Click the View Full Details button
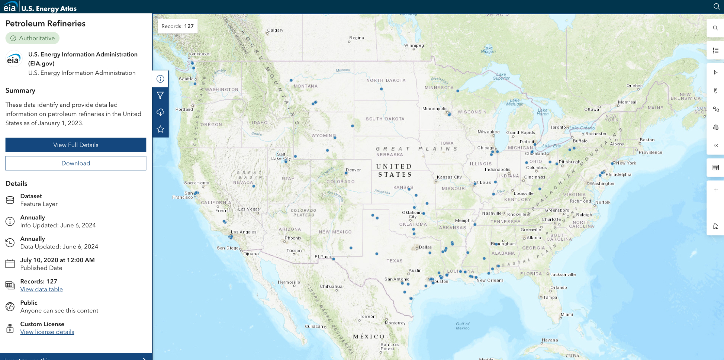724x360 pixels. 75,145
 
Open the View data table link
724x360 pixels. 41,289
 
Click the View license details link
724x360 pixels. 47,332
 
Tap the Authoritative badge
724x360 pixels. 32,38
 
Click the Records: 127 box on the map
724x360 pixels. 177,26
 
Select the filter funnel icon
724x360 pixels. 160,96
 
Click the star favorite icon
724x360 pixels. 160,129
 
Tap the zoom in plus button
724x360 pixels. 715,190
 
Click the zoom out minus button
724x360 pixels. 715,208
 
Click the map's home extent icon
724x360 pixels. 715,226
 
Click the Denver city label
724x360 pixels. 353,170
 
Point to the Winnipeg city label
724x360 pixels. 414,45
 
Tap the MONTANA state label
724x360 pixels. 306,86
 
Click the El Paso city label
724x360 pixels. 322,257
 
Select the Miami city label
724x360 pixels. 567,315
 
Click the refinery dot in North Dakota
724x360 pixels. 381,89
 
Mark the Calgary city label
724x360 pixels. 275,30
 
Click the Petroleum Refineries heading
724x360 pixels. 45,23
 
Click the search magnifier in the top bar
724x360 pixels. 716,6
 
